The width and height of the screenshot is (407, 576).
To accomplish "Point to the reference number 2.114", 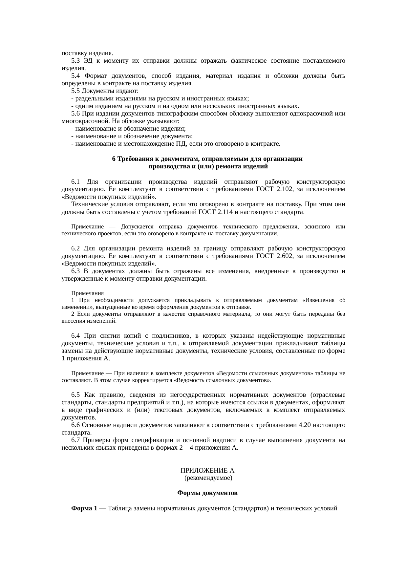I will (x=225, y=212).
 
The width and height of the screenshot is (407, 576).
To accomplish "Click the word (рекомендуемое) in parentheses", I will (x=208, y=478).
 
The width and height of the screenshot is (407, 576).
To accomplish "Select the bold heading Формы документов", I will (x=207, y=493).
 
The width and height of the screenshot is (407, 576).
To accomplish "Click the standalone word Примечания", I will (x=87, y=293).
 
